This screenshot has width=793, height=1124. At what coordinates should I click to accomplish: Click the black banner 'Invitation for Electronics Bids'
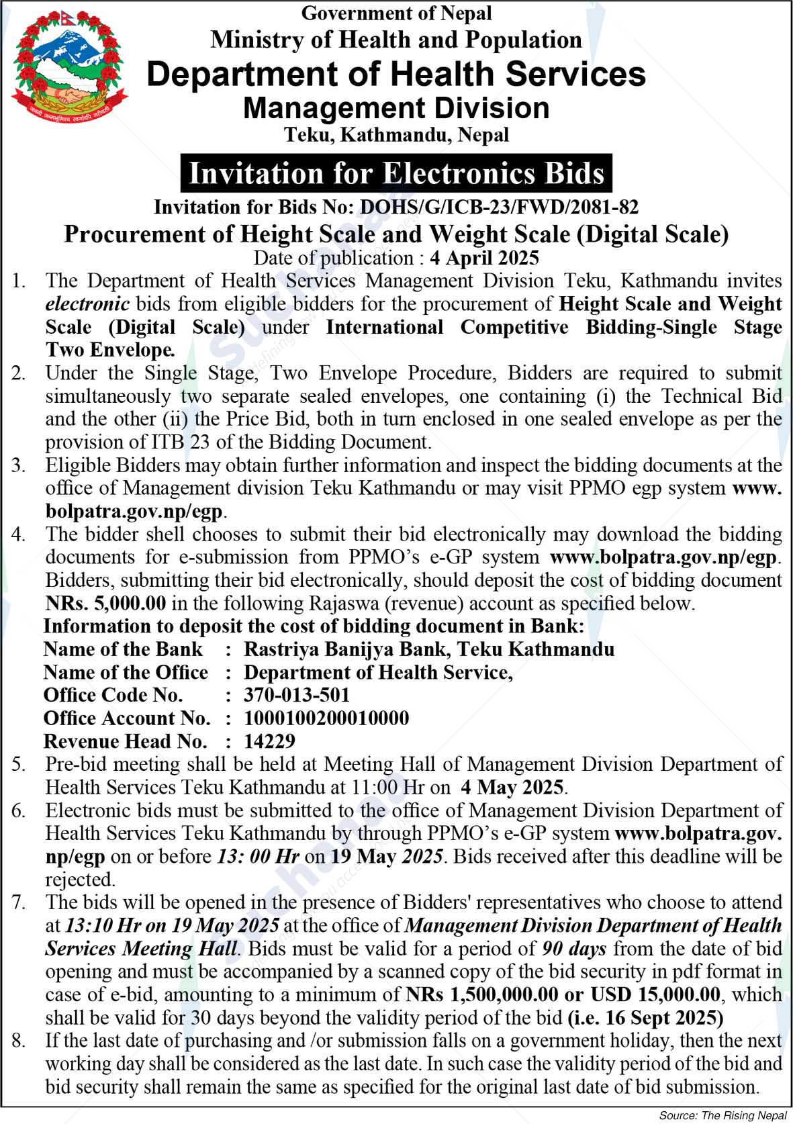click(396, 173)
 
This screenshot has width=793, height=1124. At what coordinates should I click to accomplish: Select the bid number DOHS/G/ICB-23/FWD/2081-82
click(499, 207)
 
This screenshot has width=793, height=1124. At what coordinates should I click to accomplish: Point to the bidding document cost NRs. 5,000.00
click(106, 602)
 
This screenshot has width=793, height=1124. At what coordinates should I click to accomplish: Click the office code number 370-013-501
click(297, 694)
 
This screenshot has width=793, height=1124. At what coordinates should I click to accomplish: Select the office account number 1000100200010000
click(326, 718)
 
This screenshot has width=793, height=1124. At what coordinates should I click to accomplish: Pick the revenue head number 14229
click(269, 741)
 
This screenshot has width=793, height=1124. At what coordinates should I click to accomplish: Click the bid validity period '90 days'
click(573, 948)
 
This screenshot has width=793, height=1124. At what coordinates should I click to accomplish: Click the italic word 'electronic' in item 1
click(87, 303)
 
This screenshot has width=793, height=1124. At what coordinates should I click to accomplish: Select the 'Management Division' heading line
click(396, 107)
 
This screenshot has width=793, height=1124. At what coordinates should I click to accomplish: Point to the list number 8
click(19, 1041)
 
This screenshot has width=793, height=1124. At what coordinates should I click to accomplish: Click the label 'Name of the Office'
click(126, 671)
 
